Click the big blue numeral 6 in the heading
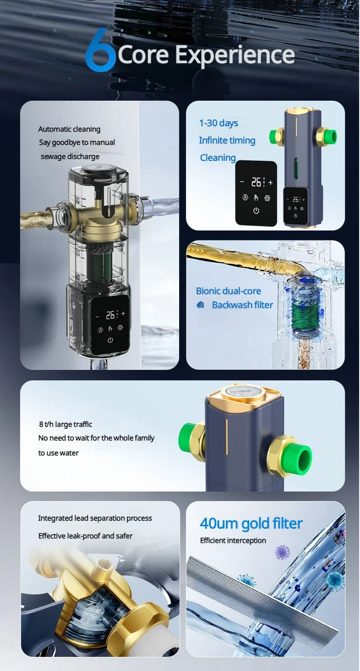(x=100, y=51)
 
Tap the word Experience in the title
(x=235, y=55)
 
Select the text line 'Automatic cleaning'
(x=69, y=129)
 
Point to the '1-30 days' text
(x=219, y=123)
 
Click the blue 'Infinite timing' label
(x=227, y=140)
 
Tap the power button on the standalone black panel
(x=256, y=210)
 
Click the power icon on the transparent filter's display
(x=110, y=340)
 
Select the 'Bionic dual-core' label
(x=228, y=291)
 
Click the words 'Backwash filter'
(x=242, y=305)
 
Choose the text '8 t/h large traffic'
(x=66, y=425)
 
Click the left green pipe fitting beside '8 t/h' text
(x=188, y=438)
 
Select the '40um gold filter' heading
(x=251, y=523)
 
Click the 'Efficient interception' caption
(x=233, y=540)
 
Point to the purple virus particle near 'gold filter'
(x=283, y=553)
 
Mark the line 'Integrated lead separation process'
(x=95, y=518)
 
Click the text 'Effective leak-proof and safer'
(x=85, y=536)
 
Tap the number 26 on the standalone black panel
(x=257, y=182)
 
